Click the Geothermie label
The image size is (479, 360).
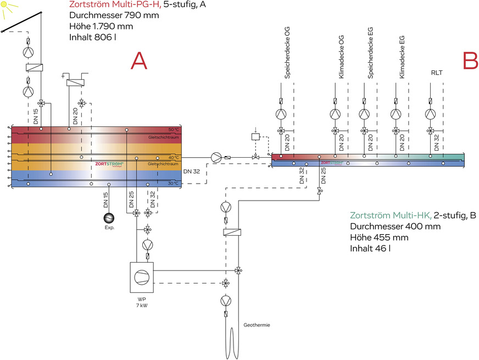(257, 325)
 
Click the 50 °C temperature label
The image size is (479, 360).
(174, 130)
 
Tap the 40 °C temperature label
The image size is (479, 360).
(174, 157)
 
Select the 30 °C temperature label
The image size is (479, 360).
(174, 183)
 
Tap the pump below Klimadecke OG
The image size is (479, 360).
(335, 114)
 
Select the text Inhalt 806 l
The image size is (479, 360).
(93, 37)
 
